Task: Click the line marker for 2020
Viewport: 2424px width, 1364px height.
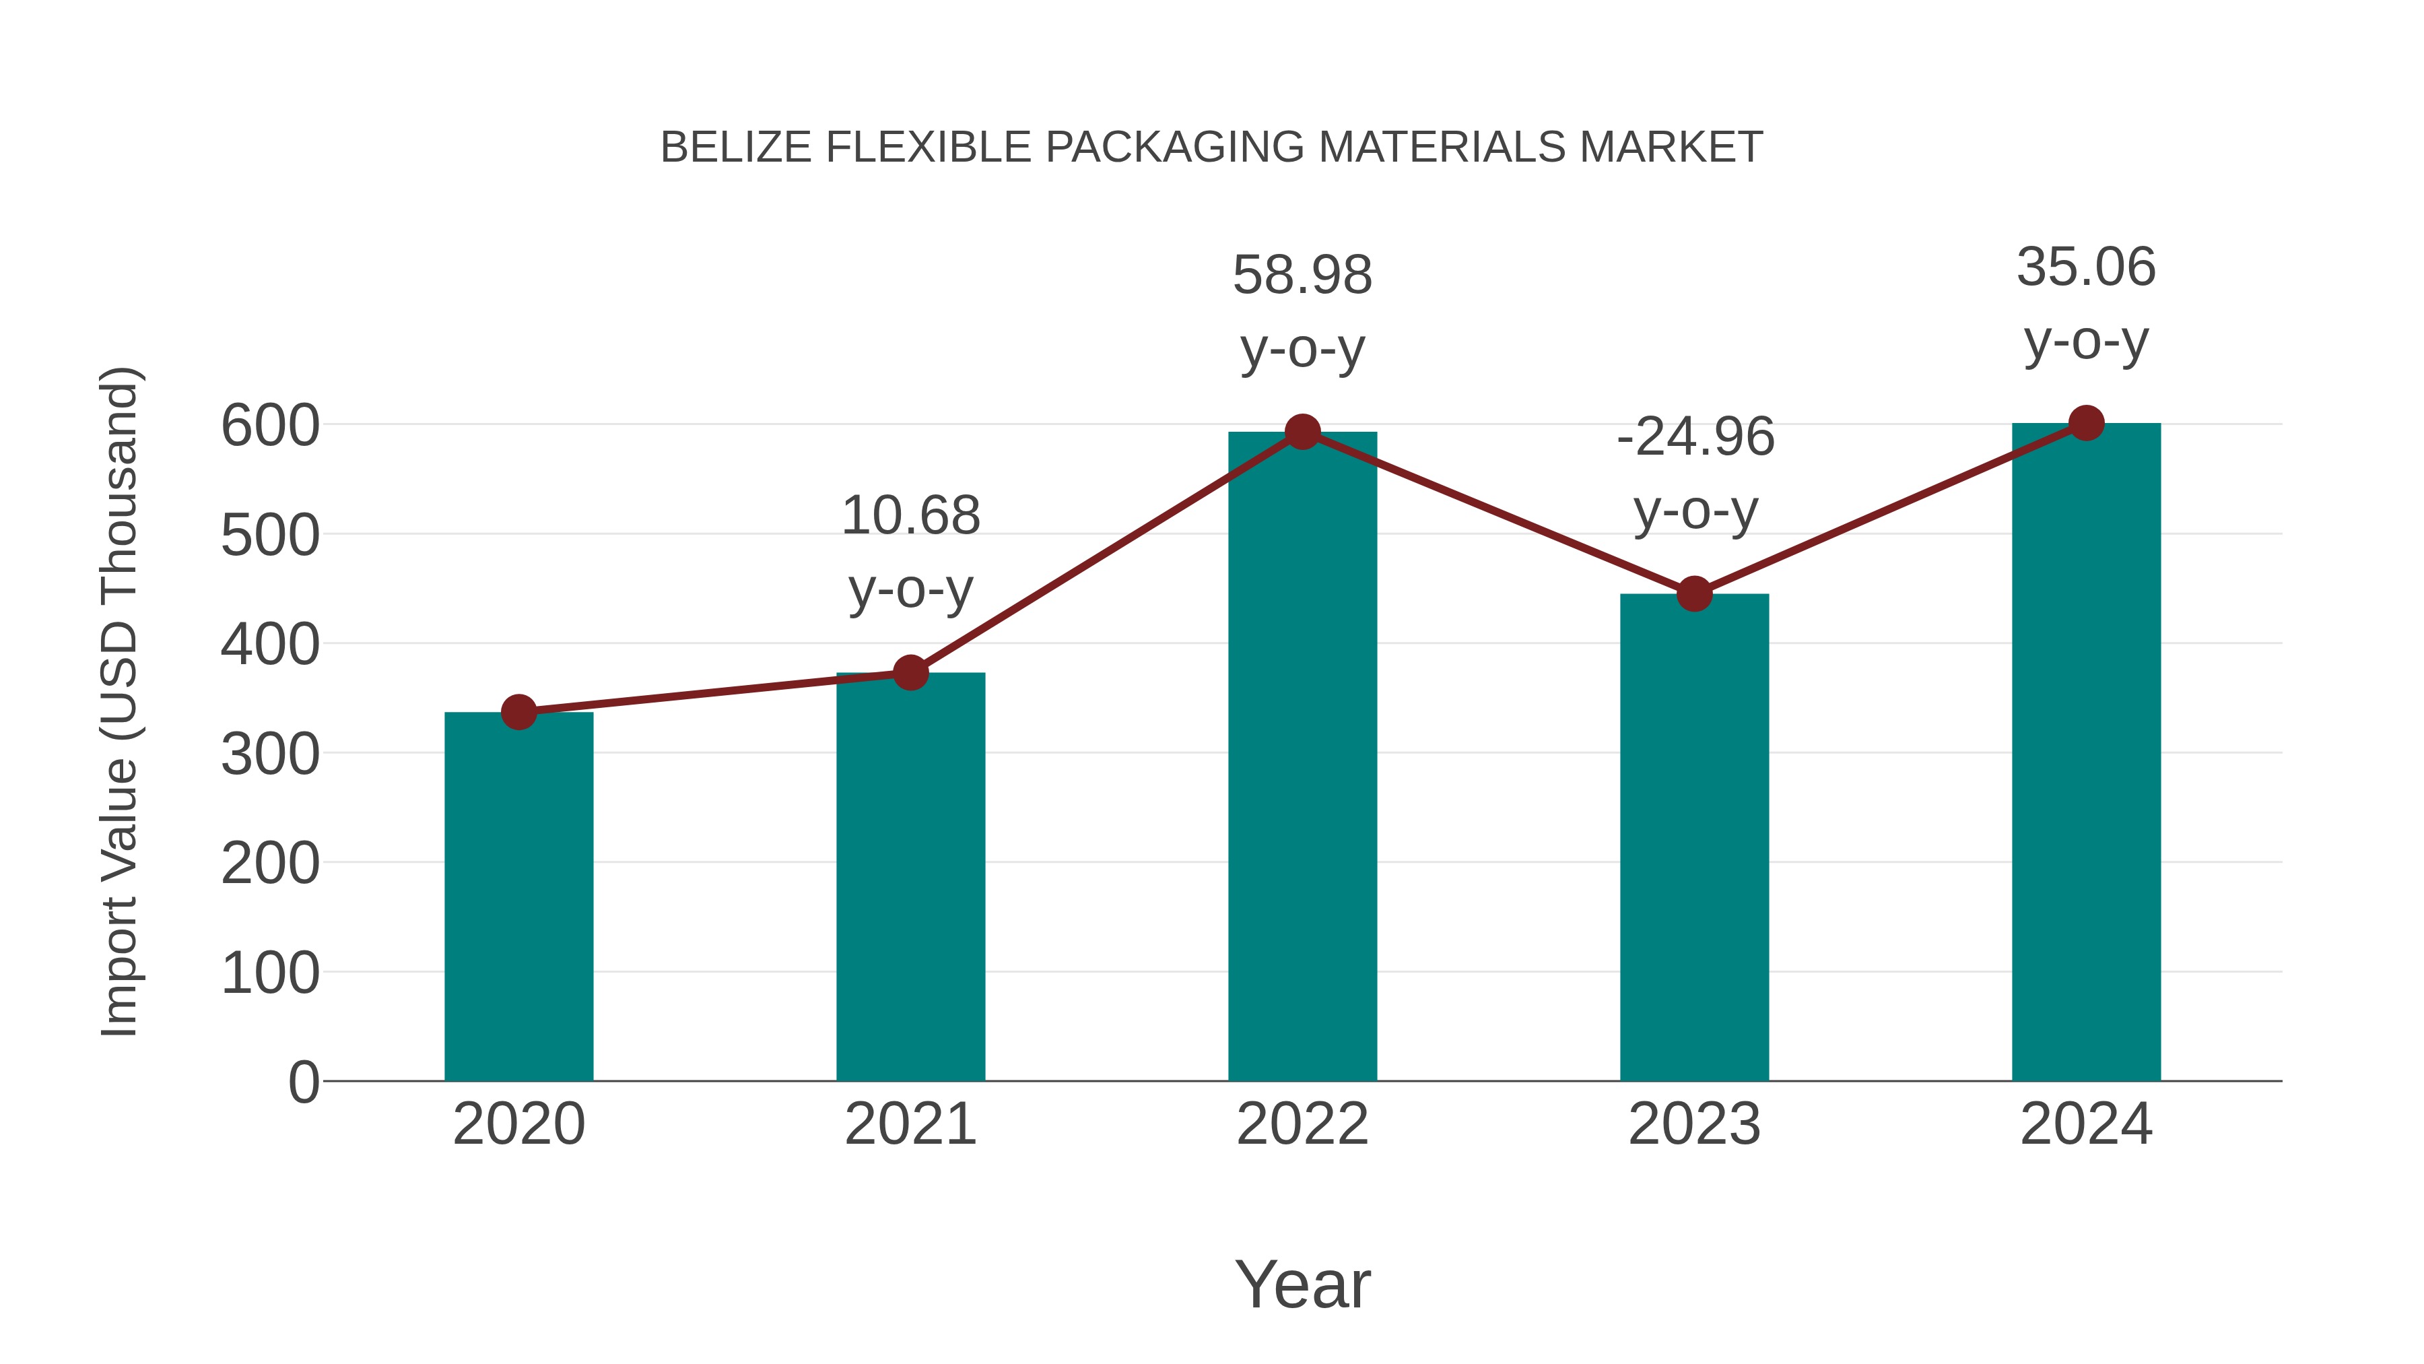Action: click(518, 712)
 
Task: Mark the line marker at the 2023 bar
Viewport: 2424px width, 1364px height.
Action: click(1694, 594)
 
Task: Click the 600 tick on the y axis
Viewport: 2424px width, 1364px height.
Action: click(270, 426)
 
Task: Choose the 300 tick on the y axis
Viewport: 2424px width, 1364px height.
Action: click(270, 754)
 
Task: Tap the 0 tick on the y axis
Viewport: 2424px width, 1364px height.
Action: click(304, 1082)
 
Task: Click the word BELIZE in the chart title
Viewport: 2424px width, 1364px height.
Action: click(736, 148)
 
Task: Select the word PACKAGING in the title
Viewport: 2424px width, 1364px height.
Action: click(1174, 148)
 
